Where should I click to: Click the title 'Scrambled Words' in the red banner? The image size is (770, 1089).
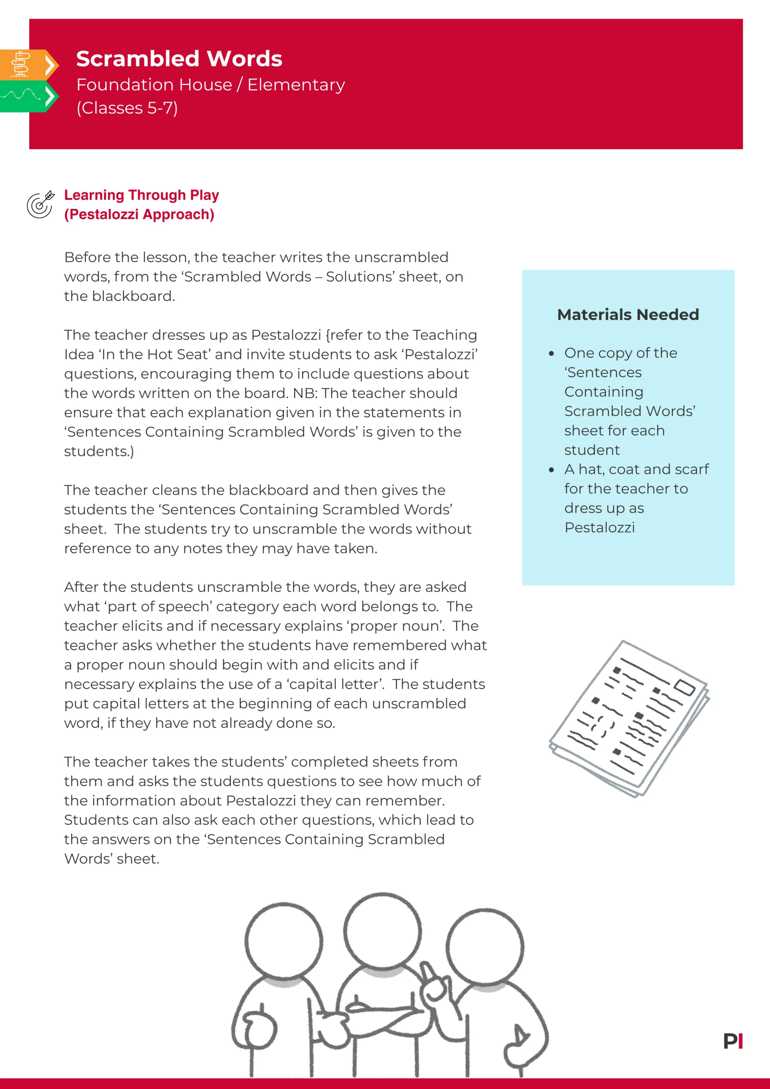179,59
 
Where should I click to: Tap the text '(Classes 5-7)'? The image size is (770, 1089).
127,108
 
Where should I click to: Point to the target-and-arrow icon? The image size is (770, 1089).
40,205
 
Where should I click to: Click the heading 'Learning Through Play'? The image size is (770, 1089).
141,195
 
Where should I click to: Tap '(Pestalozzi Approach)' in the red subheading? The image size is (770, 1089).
139,214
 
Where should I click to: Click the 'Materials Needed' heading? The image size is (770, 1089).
628,314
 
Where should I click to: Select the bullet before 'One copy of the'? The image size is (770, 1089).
551,354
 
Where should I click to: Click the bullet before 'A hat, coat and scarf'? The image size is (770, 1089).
551,470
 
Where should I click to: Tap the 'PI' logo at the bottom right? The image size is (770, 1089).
733,1041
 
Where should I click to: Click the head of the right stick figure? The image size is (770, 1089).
485,947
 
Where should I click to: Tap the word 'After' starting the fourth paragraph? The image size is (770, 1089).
81,587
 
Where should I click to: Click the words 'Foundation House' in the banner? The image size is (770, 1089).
154,85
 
